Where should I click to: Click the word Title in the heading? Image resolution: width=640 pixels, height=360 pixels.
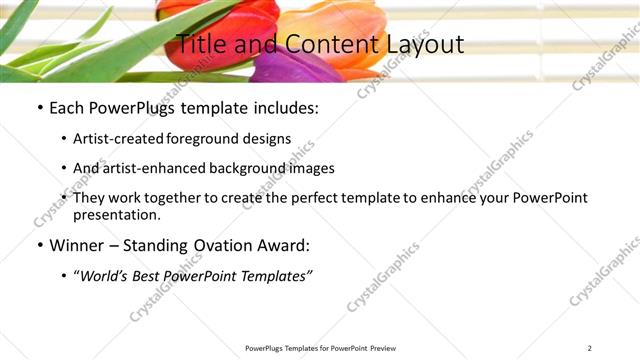pos(199,44)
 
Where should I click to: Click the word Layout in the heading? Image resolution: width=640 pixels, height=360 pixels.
pos(429,44)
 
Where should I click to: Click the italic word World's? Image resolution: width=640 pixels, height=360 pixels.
pos(105,276)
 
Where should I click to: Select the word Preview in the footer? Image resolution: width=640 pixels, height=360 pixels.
pos(382,348)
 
